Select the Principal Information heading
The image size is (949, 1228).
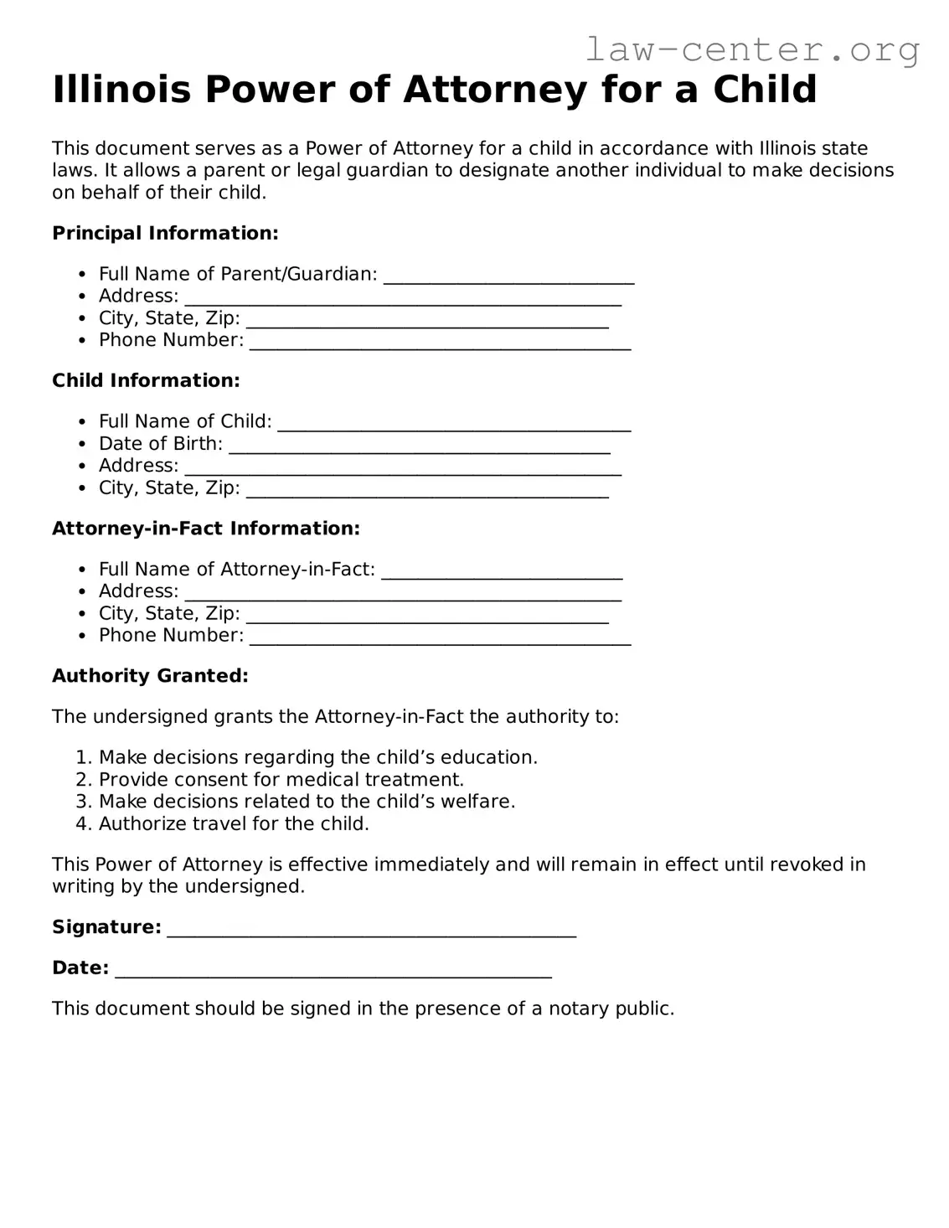click(x=165, y=233)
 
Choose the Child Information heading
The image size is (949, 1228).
click(x=146, y=380)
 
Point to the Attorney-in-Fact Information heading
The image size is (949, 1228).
click(x=206, y=529)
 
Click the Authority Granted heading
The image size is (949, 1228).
click(x=150, y=676)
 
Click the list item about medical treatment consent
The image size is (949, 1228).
click(x=281, y=779)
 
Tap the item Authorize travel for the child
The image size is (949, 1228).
click(x=234, y=823)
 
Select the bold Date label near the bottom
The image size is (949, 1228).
click(x=80, y=967)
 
